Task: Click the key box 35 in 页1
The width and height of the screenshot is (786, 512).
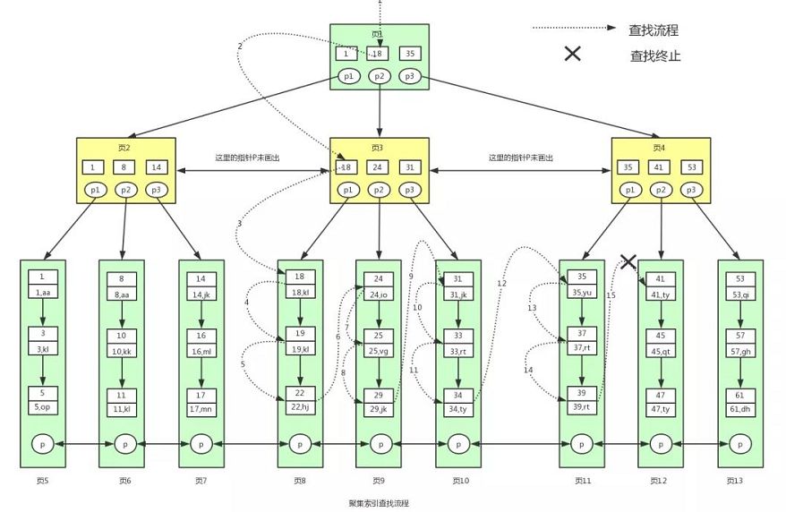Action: (x=409, y=54)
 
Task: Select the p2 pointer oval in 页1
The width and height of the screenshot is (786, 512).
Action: (x=380, y=76)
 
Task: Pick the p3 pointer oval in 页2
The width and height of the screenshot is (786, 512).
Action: (x=156, y=190)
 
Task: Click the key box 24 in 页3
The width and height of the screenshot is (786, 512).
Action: (x=380, y=167)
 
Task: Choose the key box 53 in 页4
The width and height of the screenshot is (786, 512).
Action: (x=690, y=167)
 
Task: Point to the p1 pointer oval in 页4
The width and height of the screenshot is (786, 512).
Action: (x=629, y=190)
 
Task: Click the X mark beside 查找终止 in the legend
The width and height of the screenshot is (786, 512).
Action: (x=573, y=55)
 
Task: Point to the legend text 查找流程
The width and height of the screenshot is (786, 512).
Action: (x=654, y=30)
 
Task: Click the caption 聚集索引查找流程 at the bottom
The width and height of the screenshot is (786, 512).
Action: (x=379, y=503)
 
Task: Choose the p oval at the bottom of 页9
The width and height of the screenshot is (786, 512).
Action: (x=380, y=442)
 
